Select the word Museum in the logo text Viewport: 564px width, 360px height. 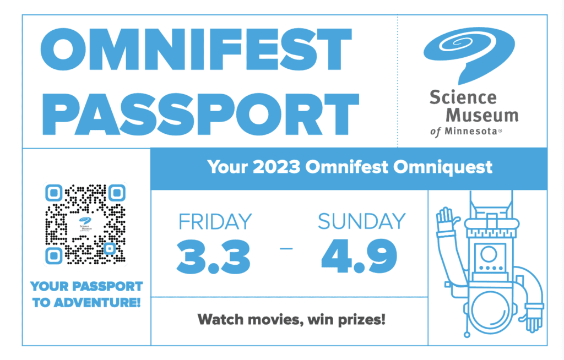pyautogui.click(x=482, y=116)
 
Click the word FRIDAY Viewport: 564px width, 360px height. pyautogui.click(x=215, y=221)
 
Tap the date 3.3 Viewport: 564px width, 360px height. pyautogui.click(x=214, y=256)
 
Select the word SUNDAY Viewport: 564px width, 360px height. pyautogui.click(x=361, y=221)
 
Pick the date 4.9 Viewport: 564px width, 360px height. pyautogui.click(x=359, y=256)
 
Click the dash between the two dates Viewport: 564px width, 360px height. pyautogui.click(x=286, y=249)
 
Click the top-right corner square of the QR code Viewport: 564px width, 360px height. pyautogui.click(x=116, y=193)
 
